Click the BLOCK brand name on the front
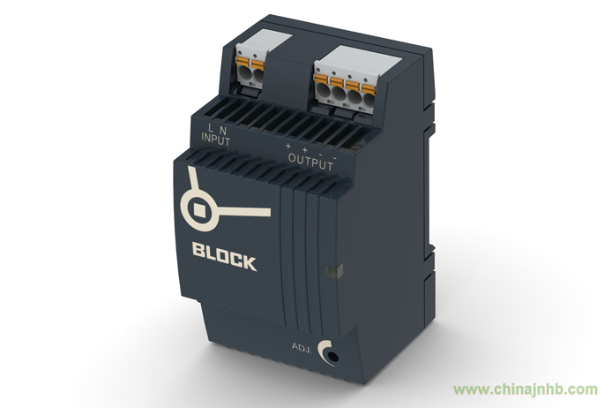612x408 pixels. pos(224,256)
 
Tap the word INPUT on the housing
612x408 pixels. pos(216,140)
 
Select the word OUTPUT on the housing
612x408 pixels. pos(310,162)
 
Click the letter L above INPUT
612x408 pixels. pos(211,127)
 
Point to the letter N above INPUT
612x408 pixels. pos(223,129)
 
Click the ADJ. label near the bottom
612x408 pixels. pos(302,347)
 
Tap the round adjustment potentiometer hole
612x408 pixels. pos(332,356)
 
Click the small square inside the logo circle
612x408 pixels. pos(199,209)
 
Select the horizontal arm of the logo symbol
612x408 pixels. pos(244,212)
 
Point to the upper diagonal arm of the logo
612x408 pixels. pos(194,180)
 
